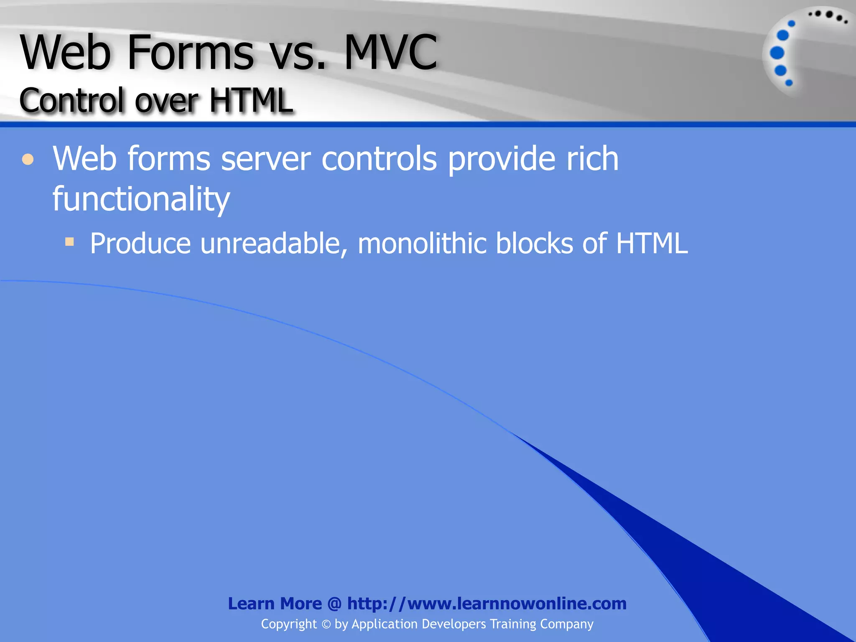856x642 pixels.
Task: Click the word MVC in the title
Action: (390, 53)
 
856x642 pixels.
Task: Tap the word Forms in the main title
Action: (190, 53)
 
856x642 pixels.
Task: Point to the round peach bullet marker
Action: (28, 160)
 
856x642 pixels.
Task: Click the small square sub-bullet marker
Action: (69, 242)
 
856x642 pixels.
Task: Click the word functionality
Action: (141, 199)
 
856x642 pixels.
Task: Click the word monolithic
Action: (422, 243)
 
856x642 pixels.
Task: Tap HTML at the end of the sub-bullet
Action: (652, 243)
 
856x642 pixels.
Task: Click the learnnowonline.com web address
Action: (487, 604)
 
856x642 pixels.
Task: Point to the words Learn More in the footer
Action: (275, 604)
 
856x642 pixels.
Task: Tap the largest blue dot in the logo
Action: (777, 53)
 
